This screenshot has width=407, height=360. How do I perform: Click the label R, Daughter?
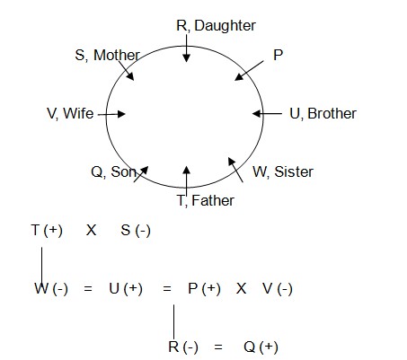pyautogui.click(x=216, y=26)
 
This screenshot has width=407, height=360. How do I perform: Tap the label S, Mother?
pyautogui.click(x=108, y=55)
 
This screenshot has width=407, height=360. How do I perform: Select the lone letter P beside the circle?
pyautogui.click(x=278, y=55)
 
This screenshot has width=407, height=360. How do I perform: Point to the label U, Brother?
pyautogui.click(x=323, y=114)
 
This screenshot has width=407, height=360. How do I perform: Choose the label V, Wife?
pyautogui.click(x=70, y=114)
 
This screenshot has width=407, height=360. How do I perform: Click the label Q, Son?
pyautogui.click(x=114, y=172)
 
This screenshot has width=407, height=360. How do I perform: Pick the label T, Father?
pyautogui.click(x=206, y=200)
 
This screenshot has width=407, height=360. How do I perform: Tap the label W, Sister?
pyautogui.click(x=283, y=172)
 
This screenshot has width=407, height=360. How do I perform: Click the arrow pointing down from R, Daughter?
pyautogui.click(x=186, y=48)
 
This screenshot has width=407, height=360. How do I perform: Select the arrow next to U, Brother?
pyautogui.click(x=267, y=114)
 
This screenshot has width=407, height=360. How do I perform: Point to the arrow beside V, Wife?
pyautogui.click(x=111, y=114)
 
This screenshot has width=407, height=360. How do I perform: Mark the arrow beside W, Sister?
pyautogui.click(x=235, y=170)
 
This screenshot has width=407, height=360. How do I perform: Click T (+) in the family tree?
pyautogui.click(x=47, y=231)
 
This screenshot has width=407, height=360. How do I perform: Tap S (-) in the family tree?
pyautogui.click(x=136, y=231)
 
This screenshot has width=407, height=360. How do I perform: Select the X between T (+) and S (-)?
pyautogui.click(x=91, y=231)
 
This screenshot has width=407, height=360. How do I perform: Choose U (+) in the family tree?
pyautogui.click(x=126, y=289)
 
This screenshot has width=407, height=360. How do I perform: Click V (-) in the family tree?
pyautogui.click(x=278, y=289)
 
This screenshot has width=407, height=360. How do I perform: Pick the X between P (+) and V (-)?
pyautogui.click(x=241, y=289)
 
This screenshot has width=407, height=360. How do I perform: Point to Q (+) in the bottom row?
pyautogui.click(x=261, y=347)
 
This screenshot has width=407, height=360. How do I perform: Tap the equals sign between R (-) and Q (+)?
pyautogui.click(x=218, y=347)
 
